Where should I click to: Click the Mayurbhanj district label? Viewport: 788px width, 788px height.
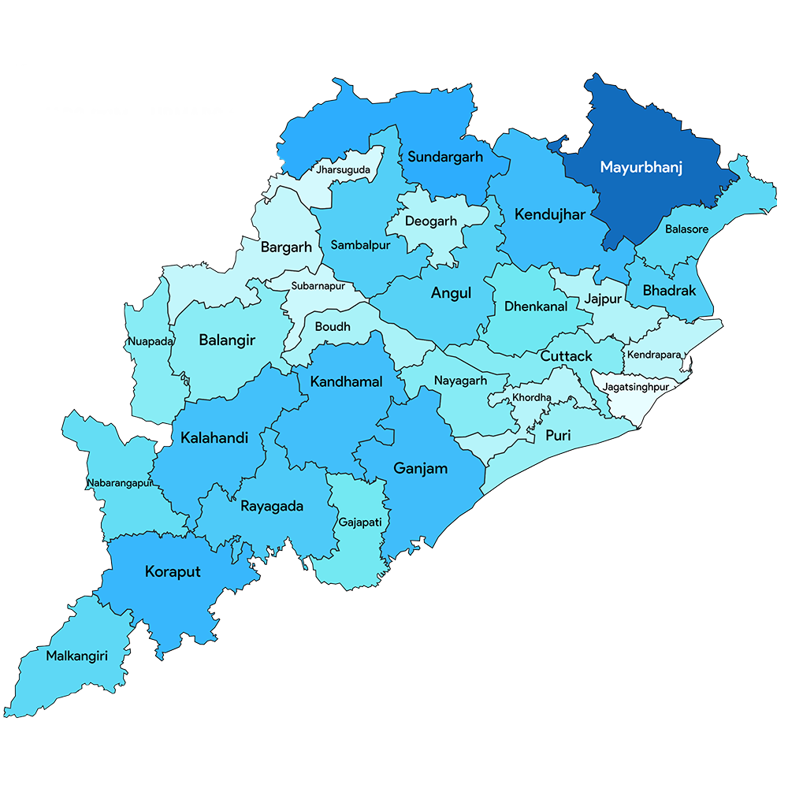[641, 167]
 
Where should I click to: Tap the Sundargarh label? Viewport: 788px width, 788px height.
[445, 157]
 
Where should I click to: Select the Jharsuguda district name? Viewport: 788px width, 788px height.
[344, 169]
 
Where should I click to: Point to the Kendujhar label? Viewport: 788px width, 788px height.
[550, 214]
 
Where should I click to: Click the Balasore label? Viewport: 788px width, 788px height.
[686, 229]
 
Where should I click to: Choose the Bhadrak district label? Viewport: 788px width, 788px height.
[669, 291]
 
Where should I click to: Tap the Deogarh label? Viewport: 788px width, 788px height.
[430, 221]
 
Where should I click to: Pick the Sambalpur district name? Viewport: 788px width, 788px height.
[360, 245]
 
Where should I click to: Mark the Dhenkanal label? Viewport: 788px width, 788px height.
[536, 307]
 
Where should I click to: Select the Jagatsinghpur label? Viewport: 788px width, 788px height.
[636, 387]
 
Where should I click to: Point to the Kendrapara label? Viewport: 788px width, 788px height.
[654, 355]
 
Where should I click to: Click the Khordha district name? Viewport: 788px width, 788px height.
[532, 397]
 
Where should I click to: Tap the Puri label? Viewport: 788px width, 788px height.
[559, 435]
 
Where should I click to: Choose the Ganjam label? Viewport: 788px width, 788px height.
[420, 468]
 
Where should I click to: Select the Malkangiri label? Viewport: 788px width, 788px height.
[76, 655]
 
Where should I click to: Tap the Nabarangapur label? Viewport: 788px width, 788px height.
[119, 483]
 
